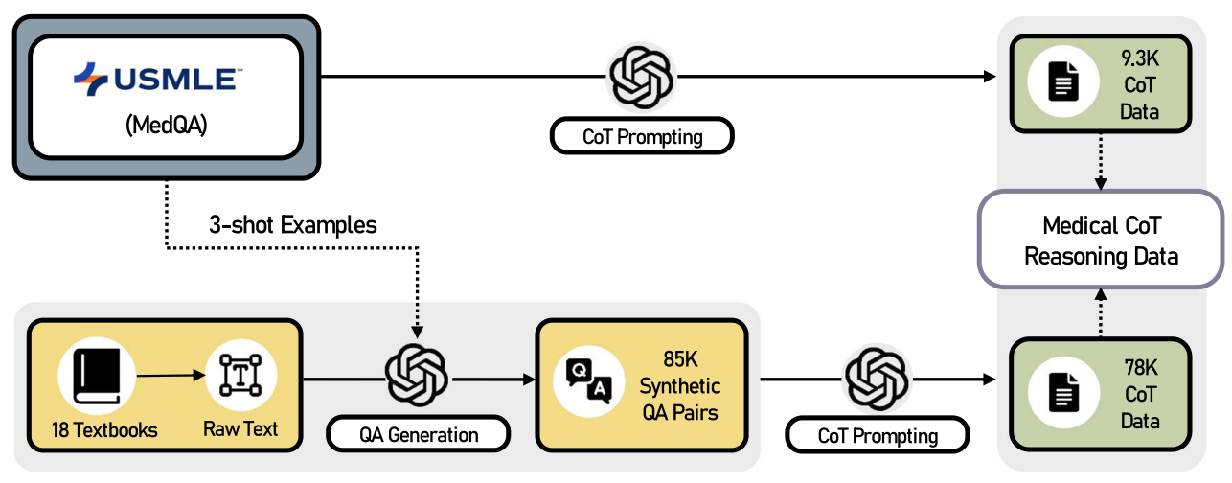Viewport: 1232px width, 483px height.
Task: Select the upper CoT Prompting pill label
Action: pos(642,137)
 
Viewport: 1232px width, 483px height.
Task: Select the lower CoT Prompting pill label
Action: pos(878,436)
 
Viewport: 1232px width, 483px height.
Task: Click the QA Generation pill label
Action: pos(419,435)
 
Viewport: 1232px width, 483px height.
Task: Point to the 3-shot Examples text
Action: pos(293,226)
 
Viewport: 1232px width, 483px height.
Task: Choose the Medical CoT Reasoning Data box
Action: pos(1101,241)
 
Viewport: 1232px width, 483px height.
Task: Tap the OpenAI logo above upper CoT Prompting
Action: pos(642,78)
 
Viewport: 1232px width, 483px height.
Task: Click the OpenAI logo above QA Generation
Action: pos(417,377)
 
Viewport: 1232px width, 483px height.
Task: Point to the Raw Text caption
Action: pos(240,429)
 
